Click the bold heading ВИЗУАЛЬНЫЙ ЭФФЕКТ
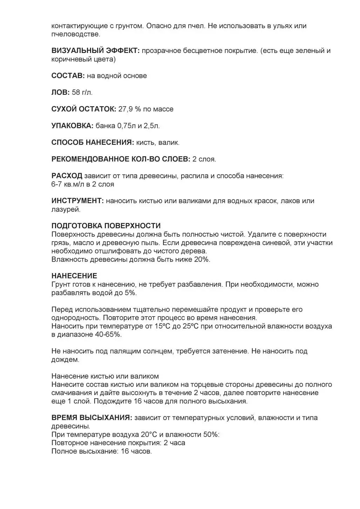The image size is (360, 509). click(95, 51)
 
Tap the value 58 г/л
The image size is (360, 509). click(82, 93)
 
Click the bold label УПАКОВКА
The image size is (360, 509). click(72, 126)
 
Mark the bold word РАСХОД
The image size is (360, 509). click(67, 176)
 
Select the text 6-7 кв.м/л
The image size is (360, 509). click(68, 184)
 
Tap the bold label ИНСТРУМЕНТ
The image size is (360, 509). click(77, 201)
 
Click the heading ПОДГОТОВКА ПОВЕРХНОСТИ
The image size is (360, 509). click(106, 226)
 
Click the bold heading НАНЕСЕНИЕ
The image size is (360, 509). click(74, 276)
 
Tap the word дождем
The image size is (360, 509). click(65, 359)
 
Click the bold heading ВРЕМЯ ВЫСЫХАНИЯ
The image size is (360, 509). click(91, 418)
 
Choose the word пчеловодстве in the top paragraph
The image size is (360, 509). click(75, 34)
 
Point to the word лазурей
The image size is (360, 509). click(66, 209)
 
